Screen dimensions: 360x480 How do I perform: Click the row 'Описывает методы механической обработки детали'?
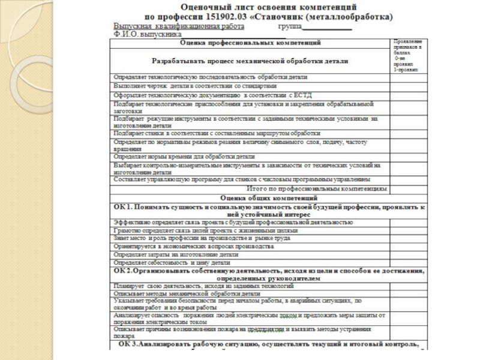click(x=187, y=295)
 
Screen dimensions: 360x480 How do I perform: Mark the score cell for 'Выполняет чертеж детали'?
click(x=407, y=86)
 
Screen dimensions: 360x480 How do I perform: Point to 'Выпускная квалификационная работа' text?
click(x=179, y=27)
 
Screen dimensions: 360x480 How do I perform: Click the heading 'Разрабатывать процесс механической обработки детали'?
click(x=250, y=61)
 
